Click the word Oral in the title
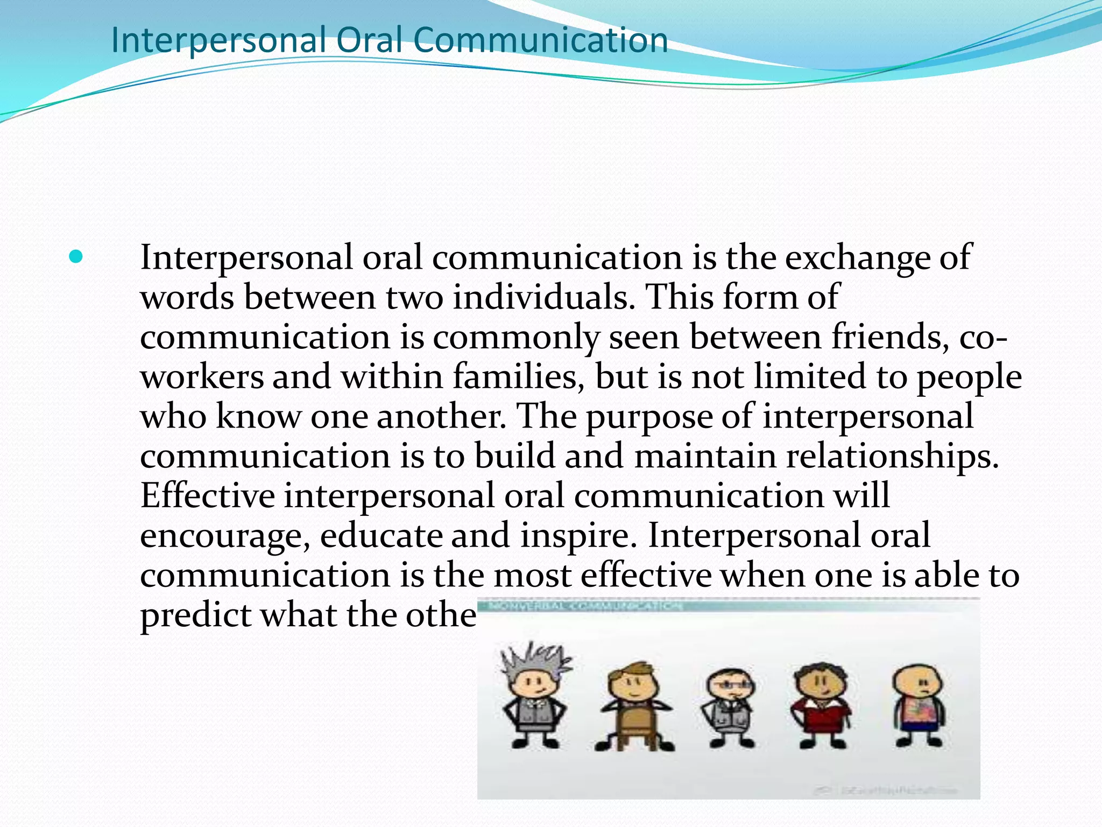pyautogui.click(x=370, y=40)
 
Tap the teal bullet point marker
pyautogui.click(x=76, y=257)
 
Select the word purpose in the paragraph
pyautogui.click(x=648, y=417)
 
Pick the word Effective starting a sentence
pyautogui.click(x=207, y=495)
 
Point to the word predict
pyautogui.click(x=195, y=615)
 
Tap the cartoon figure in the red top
pyautogui.click(x=821, y=705)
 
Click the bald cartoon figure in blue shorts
pyautogui.click(x=919, y=705)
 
